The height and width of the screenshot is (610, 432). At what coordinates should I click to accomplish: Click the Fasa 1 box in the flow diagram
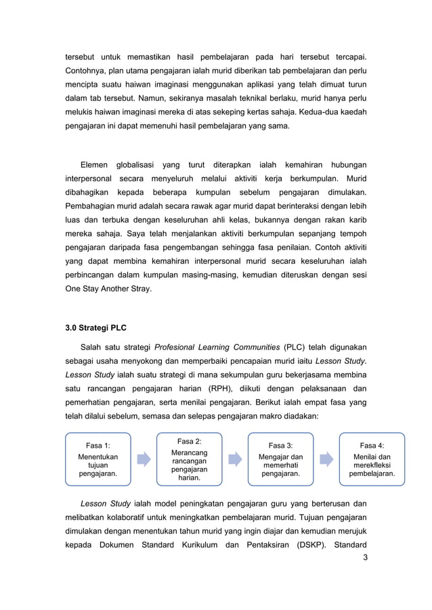(98, 459)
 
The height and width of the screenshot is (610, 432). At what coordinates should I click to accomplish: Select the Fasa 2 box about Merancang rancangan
(189, 459)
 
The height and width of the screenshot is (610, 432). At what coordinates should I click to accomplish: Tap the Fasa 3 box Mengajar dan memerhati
(281, 459)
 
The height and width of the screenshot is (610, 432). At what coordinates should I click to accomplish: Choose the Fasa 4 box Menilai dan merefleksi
(372, 459)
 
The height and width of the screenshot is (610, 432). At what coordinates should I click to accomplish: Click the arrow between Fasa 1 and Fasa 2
(144, 460)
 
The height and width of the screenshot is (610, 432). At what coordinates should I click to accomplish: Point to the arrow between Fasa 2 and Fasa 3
(235, 460)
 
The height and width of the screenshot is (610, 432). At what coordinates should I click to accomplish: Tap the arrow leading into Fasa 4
(326, 460)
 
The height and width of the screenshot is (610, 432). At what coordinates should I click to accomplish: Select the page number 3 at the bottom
(365, 557)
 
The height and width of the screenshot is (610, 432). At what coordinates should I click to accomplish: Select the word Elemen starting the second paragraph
(94, 164)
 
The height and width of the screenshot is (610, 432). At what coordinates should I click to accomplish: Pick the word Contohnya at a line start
(85, 71)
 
